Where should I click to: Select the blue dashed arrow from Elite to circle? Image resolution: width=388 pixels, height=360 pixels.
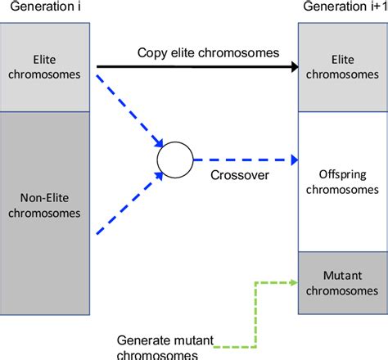pyautogui.click(x=127, y=110)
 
